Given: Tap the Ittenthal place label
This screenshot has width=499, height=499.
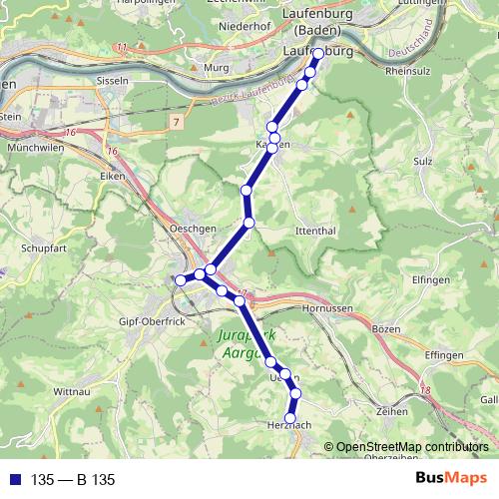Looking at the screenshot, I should click(292, 231).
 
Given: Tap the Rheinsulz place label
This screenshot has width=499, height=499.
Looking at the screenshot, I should click(407, 71).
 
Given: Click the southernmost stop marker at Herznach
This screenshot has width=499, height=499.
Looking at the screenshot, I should click(291, 418).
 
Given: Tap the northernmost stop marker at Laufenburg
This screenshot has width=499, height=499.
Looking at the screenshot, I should click(317, 54).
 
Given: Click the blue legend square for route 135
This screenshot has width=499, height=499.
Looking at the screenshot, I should click(13, 480).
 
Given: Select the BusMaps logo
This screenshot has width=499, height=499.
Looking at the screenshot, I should click(451, 479).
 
